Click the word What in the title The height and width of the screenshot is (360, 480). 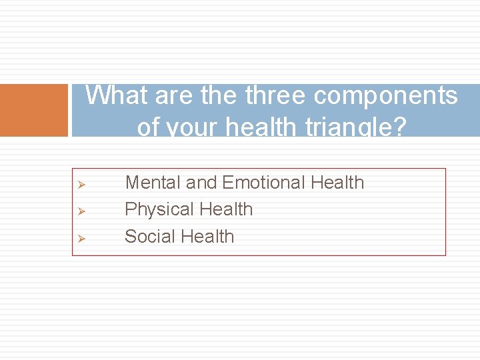(117, 96)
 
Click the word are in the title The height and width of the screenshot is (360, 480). (175, 96)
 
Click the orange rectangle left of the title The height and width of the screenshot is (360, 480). (34, 110)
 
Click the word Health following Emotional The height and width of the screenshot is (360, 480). (337, 183)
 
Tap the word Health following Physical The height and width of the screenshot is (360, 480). (225, 209)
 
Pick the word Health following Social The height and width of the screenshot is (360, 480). (207, 237)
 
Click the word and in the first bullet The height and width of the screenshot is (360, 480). (201, 183)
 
